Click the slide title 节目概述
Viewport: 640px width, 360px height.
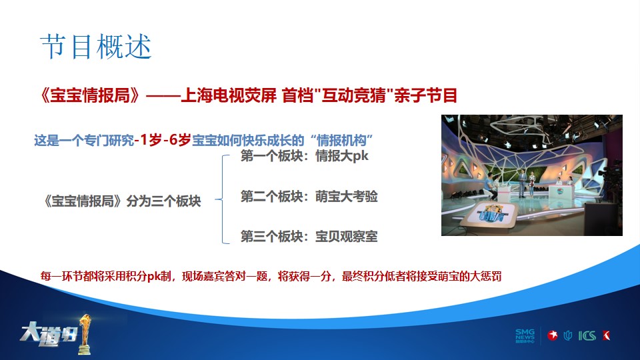(96, 46)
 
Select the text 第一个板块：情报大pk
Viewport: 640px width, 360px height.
(305, 156)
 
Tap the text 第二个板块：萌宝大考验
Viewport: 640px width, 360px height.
(309, 196)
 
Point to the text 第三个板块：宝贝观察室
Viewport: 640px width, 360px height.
(309, 236)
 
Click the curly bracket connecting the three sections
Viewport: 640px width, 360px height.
(223, 199)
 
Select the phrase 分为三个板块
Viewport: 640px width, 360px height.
(164, 201)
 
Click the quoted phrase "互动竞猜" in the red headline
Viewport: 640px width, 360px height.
(353, 95)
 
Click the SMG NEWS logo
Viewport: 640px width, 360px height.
(525, 336)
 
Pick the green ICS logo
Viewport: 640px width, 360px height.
(587, 336)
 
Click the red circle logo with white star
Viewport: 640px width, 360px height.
(553, 335)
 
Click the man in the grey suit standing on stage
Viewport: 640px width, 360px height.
(522, 184)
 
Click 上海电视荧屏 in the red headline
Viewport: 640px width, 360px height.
(229, 95)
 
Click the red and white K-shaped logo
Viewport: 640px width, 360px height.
(607, 335)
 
